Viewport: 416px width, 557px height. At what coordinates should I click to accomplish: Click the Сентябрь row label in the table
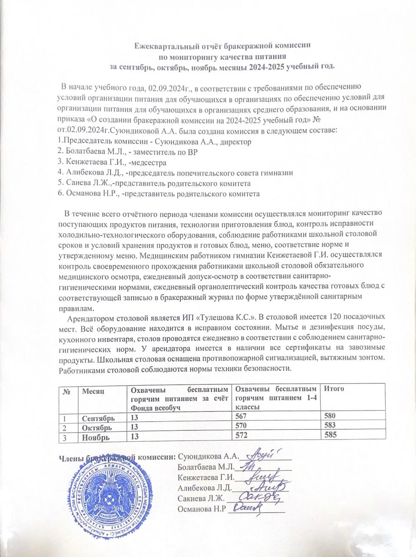pyautogui.click(x=99, y=419)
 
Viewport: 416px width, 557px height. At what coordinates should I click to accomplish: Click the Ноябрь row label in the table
pyautogui.click(x=96, y=436)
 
